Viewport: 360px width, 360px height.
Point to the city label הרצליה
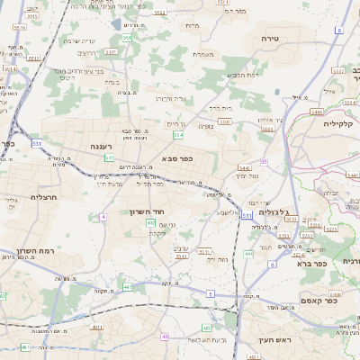click(x=44, y=196)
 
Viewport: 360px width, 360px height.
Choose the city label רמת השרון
click(x=36, y=251)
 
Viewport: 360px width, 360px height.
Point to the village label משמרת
click(x=202, y=54)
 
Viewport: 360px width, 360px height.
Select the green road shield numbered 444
click(x=247, y=254)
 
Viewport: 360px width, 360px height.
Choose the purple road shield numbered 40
click(x=165, y=337)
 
